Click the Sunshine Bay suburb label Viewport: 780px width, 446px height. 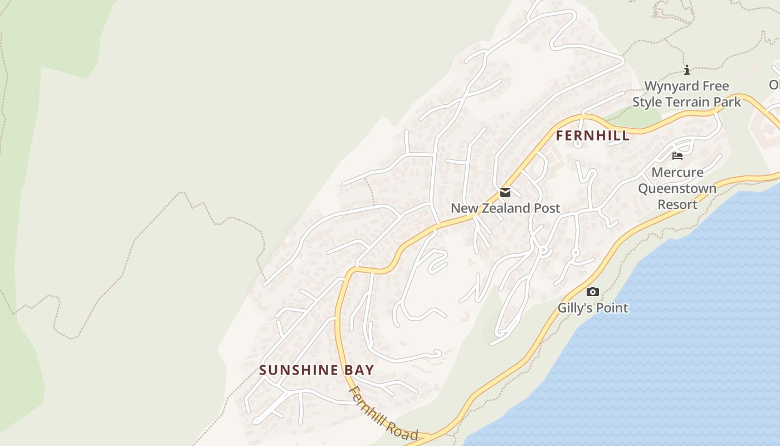click(316, 370)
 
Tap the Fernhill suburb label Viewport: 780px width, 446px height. click(592, 135)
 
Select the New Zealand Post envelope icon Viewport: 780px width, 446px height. click(505, 192)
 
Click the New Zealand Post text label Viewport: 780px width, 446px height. click(505, 209)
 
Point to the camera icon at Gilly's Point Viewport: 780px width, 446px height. click(593, 292)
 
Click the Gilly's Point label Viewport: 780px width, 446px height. click(593, 308)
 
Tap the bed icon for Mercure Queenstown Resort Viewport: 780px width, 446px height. click(677, 156)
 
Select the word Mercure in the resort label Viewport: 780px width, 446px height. click(677, 172)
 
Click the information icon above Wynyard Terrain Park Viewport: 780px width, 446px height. click(687, 70)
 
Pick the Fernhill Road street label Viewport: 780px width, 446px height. click(382, 413)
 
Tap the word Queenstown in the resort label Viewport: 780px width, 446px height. click(677, 188)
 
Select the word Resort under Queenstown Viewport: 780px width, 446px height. click(677, 205)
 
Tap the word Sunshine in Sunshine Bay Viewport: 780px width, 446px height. click(299, 370)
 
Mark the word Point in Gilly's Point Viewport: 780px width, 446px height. click(611, 308)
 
